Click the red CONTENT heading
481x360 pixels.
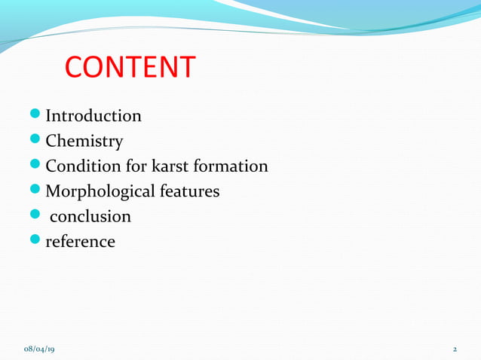click(130, 67)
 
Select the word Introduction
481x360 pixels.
click(93, 116)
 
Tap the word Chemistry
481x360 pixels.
click(84, 141)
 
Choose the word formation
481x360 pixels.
click(229, 166)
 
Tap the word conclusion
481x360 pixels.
click(90, 217)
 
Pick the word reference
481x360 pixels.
click(81, 242)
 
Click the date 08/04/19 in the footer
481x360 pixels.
click(44, 349)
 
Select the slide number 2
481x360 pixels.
click(455, 349)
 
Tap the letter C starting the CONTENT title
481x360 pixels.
click(75, 67)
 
